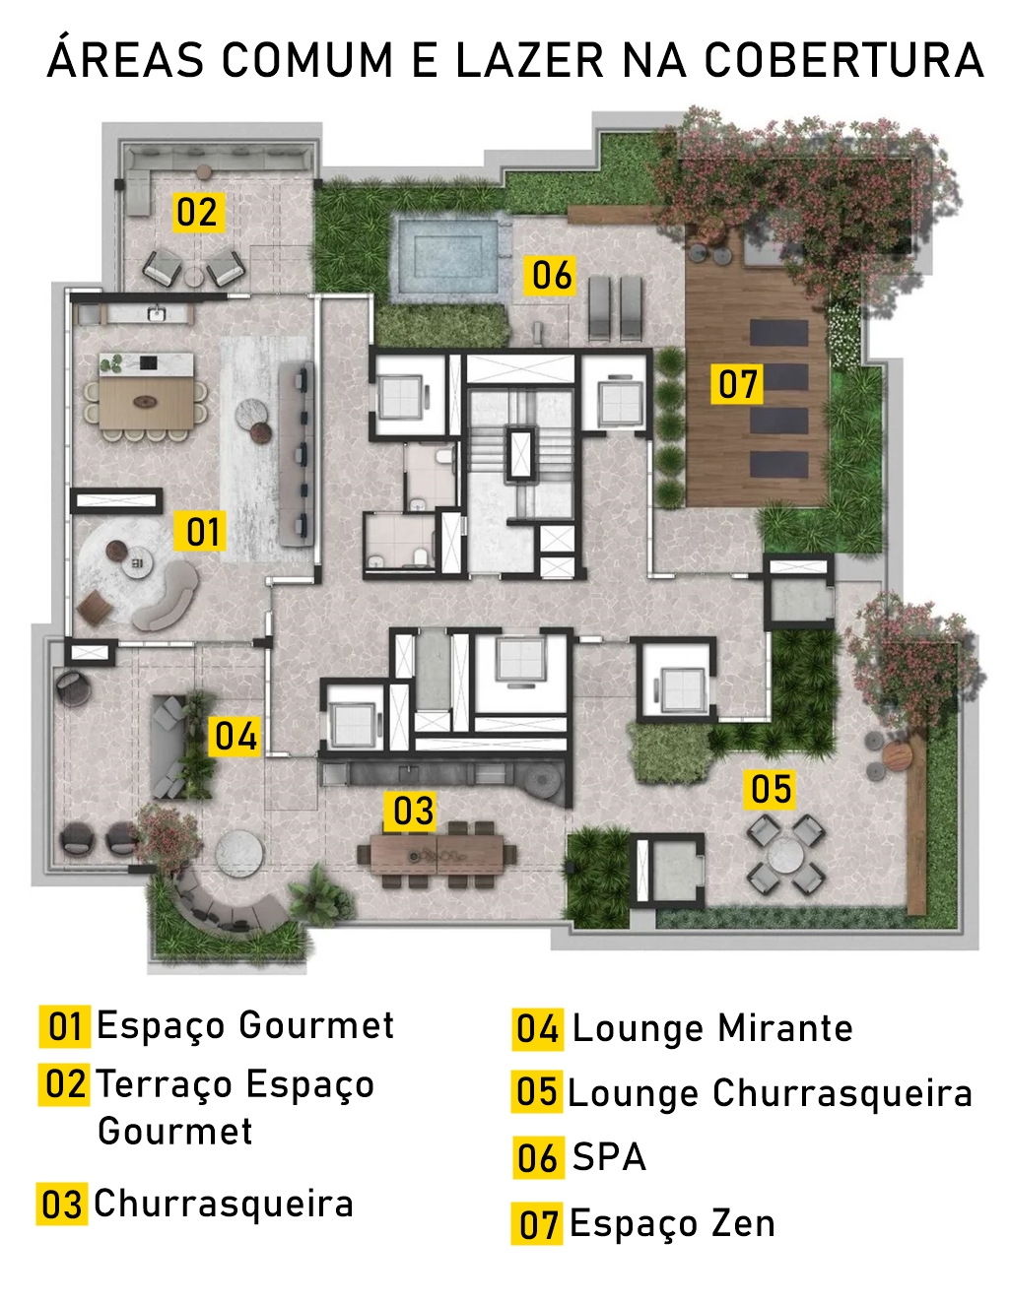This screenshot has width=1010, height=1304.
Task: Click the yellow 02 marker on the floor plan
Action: pos(199,212)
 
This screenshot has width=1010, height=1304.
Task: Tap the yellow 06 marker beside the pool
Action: pos(549,276)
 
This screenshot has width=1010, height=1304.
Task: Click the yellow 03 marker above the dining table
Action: pos(412,812)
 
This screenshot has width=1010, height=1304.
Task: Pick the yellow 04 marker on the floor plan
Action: pos(235,737)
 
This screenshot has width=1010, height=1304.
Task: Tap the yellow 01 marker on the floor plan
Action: pos(200,531)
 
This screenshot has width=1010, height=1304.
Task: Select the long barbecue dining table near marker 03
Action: pos(437,854)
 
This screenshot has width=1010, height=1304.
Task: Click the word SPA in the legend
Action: pos(609,1157)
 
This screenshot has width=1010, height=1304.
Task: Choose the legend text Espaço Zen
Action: pos(672,1224)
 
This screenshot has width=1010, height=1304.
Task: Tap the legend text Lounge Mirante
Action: pos(712,1028)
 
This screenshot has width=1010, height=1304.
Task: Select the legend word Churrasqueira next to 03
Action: pos(224,1204)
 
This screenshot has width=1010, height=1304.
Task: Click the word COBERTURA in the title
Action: pos(843,60)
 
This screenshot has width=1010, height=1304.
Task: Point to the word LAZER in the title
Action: pos(529,60)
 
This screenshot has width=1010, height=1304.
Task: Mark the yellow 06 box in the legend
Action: pos(538,1157)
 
